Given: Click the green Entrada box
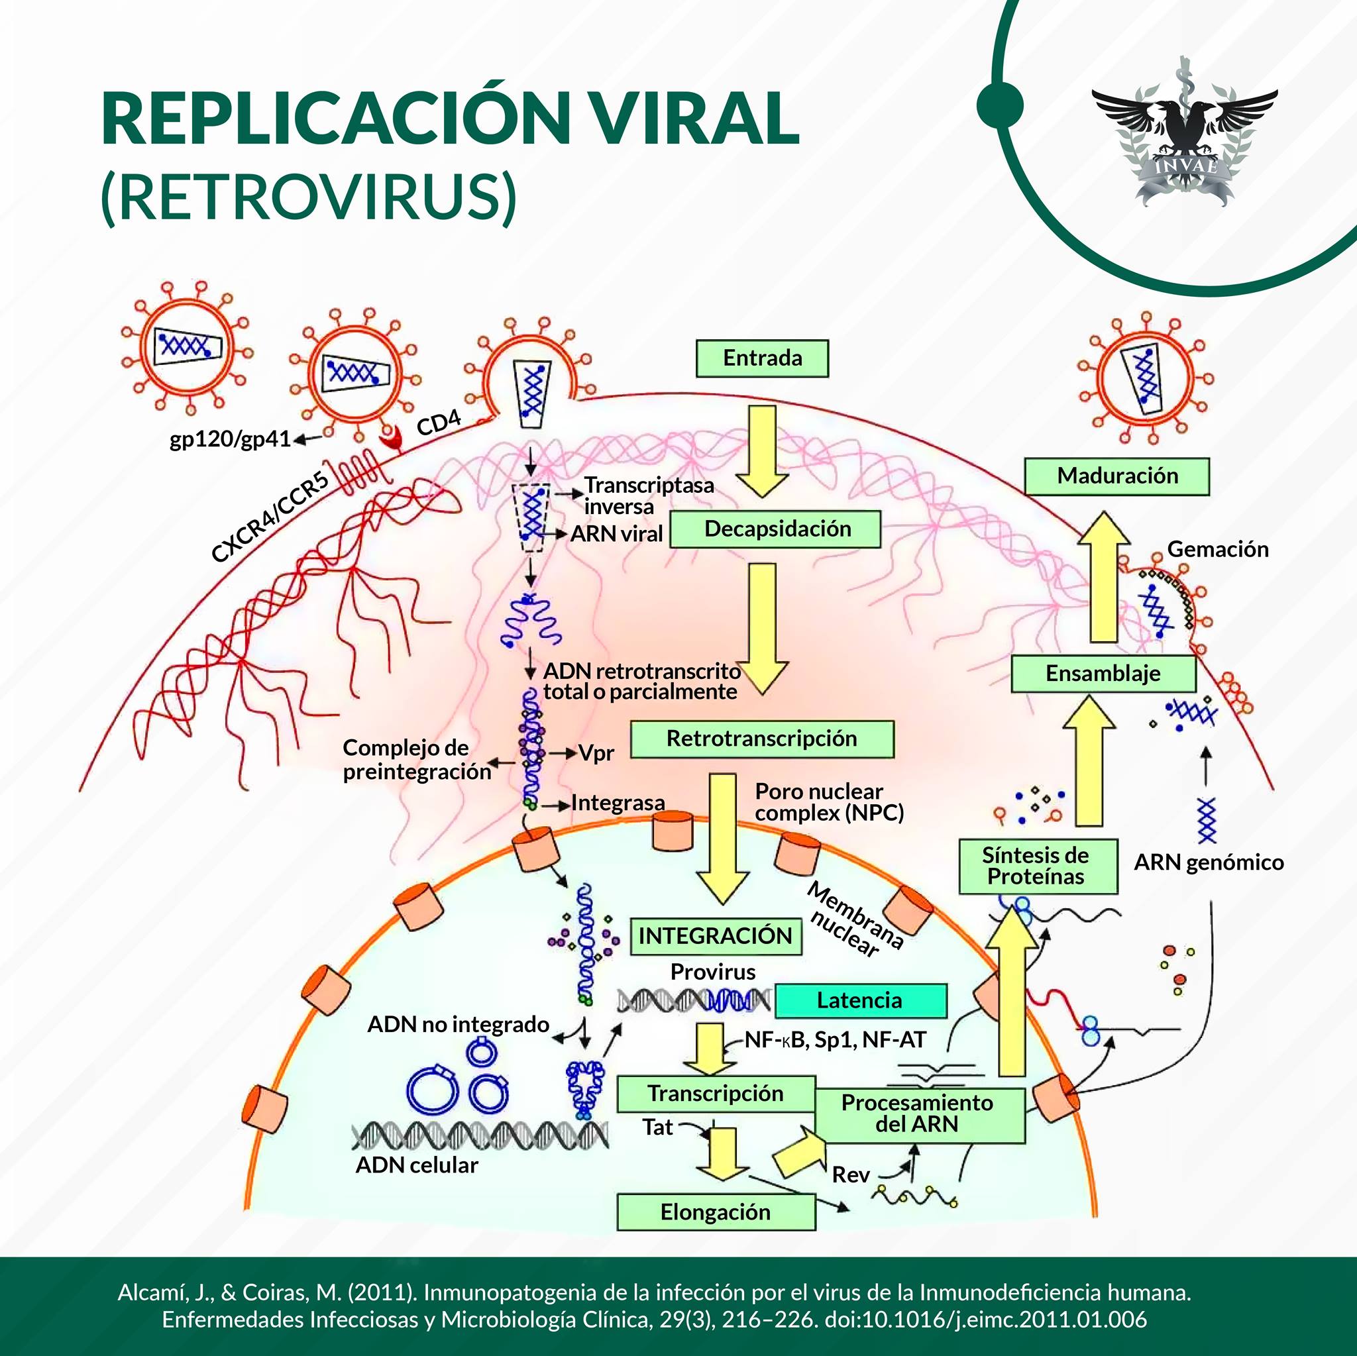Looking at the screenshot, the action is point(762,358).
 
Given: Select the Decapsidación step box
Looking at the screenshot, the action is point(775,529).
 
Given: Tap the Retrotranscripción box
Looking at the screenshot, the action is point(762,739).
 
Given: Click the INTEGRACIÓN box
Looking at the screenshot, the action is point(716,936).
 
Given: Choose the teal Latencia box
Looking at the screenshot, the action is point(861,1001).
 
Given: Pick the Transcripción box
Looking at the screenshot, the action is point(716,1094).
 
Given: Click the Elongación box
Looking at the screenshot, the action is point(716,1212).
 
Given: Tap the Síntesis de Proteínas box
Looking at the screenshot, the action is point(1038,866).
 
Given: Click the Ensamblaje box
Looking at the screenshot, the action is point(1103,674).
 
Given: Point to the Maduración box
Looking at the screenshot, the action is point(1116,476).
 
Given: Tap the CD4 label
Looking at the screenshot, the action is point(439,423).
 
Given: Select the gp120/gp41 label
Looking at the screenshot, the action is point(231,440).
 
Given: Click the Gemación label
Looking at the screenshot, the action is point(1218,549).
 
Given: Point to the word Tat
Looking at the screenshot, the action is point(658,1127).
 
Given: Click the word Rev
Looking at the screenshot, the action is point(851,1175).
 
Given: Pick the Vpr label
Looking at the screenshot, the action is point(597,753).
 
